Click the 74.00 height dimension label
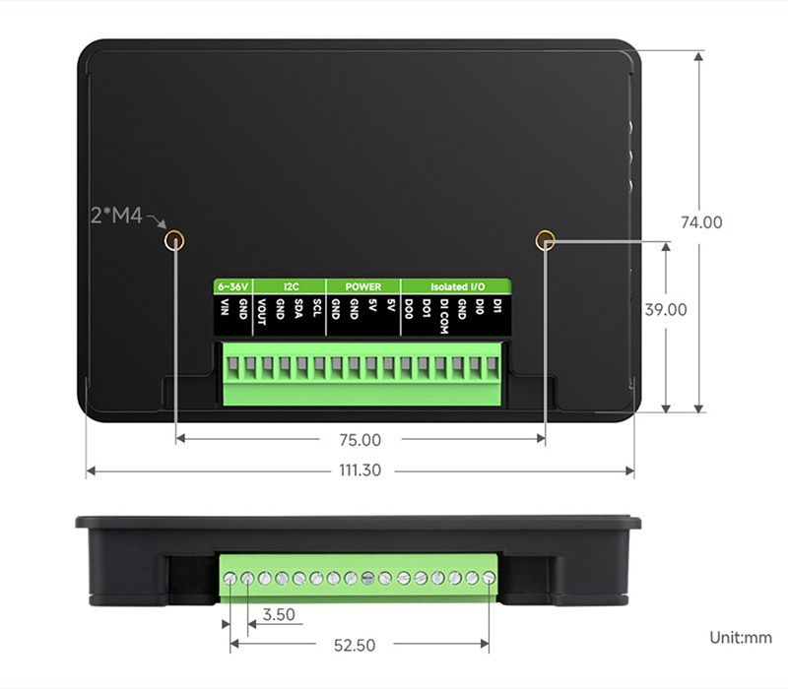pos(701,222)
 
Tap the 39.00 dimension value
pos(666,309)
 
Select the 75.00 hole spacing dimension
pos(360,440)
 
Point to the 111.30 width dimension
pos(360,470)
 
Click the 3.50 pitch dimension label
pos(279,614)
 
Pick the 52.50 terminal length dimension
pos(355,646)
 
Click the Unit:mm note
pos(741,638)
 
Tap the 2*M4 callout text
pos(116,216)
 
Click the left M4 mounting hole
pos(174,241)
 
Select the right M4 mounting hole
pos(545,240)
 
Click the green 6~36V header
pos(232,286)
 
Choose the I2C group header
pos(291,286)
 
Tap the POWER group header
pos(362,286)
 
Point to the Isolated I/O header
pos(457,286)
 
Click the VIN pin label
pos(225,307)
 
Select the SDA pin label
pos(298,308)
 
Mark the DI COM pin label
pos(443,316)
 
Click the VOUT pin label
pos(261,311)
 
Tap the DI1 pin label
pos(497,306)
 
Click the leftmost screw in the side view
pos(230,579)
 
